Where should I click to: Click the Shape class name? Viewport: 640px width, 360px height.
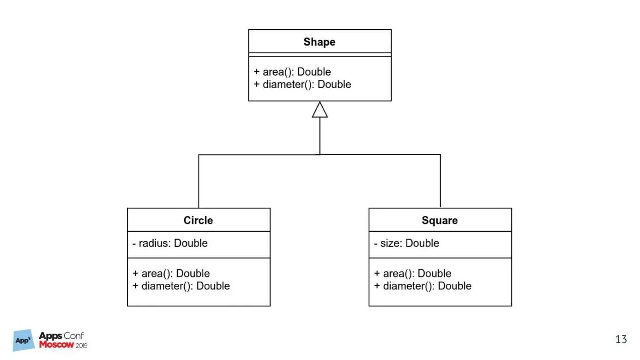(319, 42)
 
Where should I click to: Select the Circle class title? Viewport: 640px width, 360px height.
(198, 220)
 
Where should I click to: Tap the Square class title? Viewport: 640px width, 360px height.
(440, 220)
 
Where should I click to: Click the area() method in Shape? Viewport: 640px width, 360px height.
(292, 72)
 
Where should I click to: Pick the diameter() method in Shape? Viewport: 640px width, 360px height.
(302, 84)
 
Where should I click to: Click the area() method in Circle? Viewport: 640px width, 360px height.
(171, 273)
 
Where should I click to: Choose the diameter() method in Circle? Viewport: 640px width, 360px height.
(181, 286)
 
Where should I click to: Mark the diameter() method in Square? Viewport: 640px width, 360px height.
(423, 286)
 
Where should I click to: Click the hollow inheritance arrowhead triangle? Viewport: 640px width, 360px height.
(320, 110)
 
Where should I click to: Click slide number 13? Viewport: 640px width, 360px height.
(621, 340)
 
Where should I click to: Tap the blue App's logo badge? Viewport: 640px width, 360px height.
(24, 340)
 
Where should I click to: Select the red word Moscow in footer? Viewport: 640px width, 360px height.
(56, 345)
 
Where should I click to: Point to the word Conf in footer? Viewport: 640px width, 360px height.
(74, 336)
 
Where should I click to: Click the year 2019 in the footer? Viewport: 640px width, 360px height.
(81, 345)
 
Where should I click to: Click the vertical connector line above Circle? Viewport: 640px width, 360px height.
(199, 181)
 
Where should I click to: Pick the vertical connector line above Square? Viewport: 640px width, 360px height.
(440, 181)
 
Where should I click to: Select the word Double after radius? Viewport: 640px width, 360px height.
(191, 243)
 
